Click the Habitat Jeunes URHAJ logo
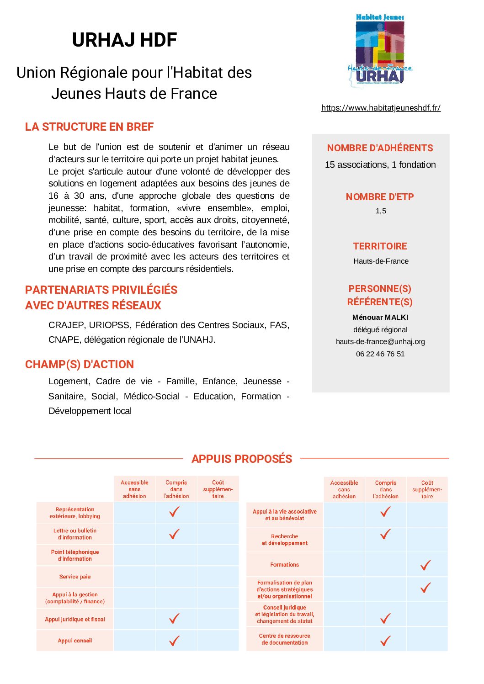[x=380, y=50]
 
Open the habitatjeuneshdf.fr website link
[x=381, y=108]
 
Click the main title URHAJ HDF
[x=124, y=40]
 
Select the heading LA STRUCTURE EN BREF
[x=89, y=127]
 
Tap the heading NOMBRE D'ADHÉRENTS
[x=380, y=148]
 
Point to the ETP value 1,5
[x=381, y=211]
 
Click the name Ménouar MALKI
[x=380, y=318]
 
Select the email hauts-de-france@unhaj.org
[x=380, y=342]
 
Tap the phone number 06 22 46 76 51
[x=380, y=354]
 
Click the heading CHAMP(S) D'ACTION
[x=80, y=365]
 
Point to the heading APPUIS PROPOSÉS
[x=242, y=459]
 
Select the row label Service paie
[x=75, y=577]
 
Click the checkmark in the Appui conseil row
[x=174, y=641]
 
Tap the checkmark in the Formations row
[x=425, y=565]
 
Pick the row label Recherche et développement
[x=284, y=540]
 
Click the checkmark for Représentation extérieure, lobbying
[x=174, y=512]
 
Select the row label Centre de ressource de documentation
[x=284, y=639]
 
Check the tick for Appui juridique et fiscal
[x=174, y=619]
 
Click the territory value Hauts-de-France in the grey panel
[x=381, y=261]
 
